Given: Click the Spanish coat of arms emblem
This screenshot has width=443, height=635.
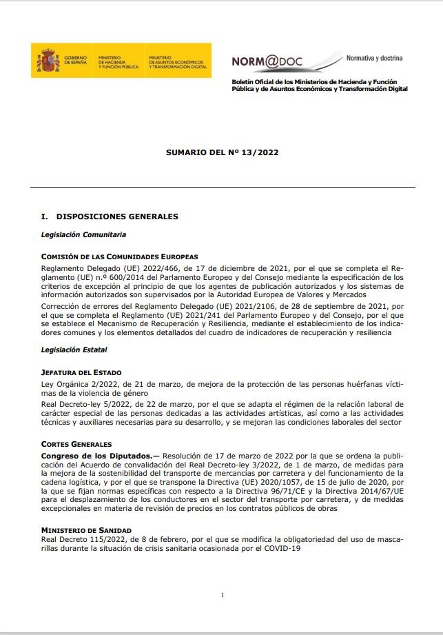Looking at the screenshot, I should (x=48, y=60).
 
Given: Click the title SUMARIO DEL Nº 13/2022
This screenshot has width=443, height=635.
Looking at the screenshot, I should (x=222, y=152).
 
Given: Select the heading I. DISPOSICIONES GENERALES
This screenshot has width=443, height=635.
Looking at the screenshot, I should (x=110, y=216).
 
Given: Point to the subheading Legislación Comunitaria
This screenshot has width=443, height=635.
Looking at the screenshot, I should (x=83, y=234).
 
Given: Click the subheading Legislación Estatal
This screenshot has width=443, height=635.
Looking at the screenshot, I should (x=75, y=350).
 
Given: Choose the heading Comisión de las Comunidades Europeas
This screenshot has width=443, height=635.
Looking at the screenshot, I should (x=119, y=256).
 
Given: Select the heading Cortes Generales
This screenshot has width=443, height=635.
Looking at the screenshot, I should (x=76, y=444).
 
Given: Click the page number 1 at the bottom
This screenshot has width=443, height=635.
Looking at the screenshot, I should (x=222, y=594).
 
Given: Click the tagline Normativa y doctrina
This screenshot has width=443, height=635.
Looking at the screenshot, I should (x=374, y=58).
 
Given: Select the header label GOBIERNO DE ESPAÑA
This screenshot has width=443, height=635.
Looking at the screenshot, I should (x=76, y=61).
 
